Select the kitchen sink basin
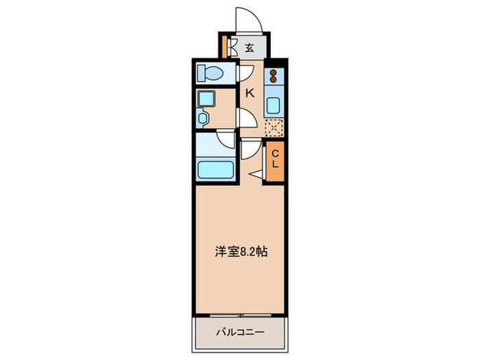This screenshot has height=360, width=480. [274, 106]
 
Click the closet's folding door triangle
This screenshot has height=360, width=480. [257, 175]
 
